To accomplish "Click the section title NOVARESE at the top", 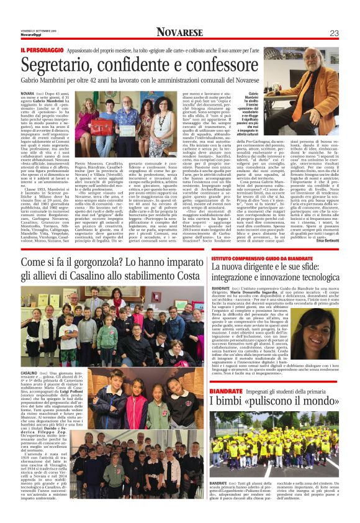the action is [x=180, y=32].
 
